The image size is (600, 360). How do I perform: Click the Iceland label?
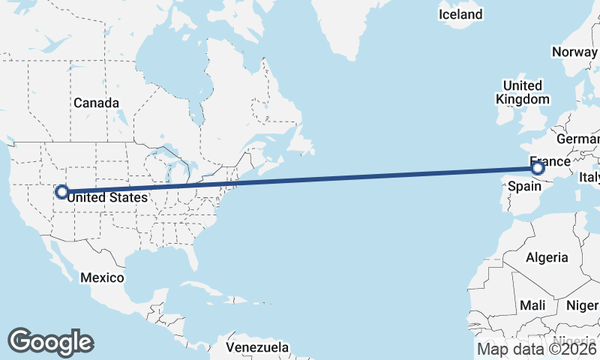coord(460,14)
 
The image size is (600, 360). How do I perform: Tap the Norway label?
coord(574,52)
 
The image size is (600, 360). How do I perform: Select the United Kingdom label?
coord(523,92)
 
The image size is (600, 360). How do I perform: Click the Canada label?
coord(95,103)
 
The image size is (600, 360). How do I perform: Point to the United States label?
coord(106,197)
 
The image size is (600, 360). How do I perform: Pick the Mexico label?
coord(102,277)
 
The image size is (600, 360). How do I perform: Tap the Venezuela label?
coord(258,348)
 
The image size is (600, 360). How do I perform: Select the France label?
coord(550,161)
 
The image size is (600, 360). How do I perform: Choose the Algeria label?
coord(547,257)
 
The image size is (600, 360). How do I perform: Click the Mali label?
coord(532,305)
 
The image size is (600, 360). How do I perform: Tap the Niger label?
coord(582,305)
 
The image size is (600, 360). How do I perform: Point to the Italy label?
coord(589,178)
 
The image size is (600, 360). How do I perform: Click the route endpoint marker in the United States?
coord(61,192)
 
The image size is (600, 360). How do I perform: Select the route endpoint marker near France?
coord(537,168)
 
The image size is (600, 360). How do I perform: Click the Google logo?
coord(50,342)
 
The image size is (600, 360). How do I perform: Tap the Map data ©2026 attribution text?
coord(537,349)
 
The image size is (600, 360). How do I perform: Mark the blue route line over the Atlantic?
coord(300,180)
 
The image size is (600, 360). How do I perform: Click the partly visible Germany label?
coord(577,139)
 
